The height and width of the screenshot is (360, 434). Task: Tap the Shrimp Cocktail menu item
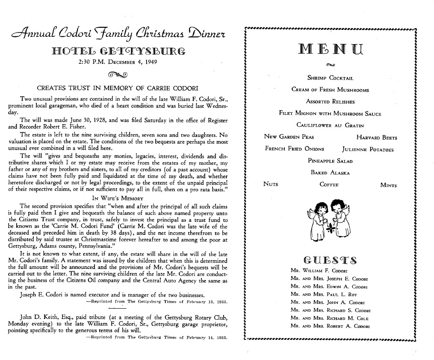[x=330, y=78]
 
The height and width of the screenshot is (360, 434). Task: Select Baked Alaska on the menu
[x=330, y=173]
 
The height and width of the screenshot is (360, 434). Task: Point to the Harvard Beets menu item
[x=376, y=137]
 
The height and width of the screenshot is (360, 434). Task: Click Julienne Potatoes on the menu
[x=368, y=149]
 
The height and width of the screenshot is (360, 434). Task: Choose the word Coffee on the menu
[x=329, y=185]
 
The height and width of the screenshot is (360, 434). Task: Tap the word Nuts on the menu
[x=271, y=184]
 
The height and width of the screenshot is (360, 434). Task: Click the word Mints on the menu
[x=388, y=185]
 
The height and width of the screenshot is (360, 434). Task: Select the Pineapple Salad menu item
[x=330, y=161]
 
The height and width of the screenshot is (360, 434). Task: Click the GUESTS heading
[x=330, y=259]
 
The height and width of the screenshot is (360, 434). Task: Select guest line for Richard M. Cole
[x=329, y=318]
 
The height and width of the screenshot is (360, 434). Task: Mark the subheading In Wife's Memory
[x=118, y=198]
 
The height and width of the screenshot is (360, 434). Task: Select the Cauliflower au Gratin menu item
[x=330, y=125]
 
